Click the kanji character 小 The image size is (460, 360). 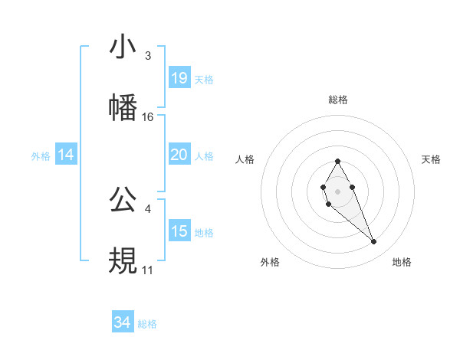point(123,47)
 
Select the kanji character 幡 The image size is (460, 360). point(123,108)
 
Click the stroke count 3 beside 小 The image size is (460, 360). point(147,56)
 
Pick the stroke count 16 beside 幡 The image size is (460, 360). point(148,117)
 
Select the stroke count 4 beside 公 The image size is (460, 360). point(147,208)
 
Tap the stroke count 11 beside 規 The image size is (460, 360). point(147,270)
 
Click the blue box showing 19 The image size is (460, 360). point(179,78)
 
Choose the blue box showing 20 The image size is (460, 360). point(179,155)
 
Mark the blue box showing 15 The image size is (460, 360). point(179,231)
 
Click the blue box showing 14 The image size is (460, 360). point(66,155)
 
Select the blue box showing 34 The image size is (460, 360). point(122,322)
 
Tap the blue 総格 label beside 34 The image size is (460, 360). point(147,324)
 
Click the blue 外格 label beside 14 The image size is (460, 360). point(41,156)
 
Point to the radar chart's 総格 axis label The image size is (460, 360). point(337,100)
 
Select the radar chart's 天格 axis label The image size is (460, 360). point(432,159)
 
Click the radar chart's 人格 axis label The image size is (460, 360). point(245,159)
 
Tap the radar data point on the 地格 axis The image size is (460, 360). point(374,242)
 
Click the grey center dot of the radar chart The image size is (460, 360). point(337,190)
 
